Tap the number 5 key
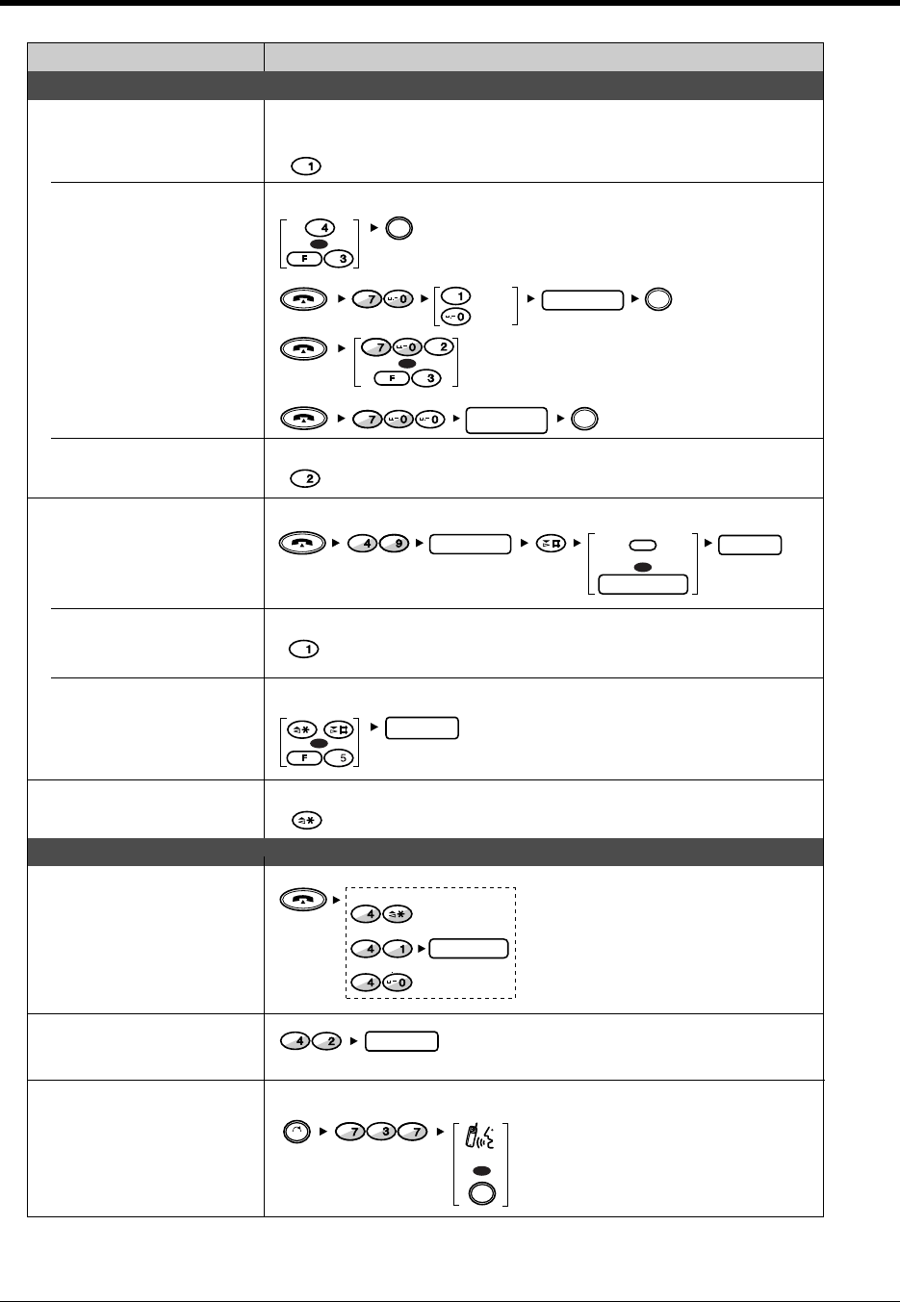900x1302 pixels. pos(340,756)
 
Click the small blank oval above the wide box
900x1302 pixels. pos(642,546)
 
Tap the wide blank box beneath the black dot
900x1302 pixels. pos(643,584)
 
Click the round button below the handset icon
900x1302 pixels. pos(480,1192)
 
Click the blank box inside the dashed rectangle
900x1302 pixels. pos(469,950)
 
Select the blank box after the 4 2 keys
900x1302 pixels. pos(403,1041)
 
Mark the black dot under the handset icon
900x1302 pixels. pos(480,1170)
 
